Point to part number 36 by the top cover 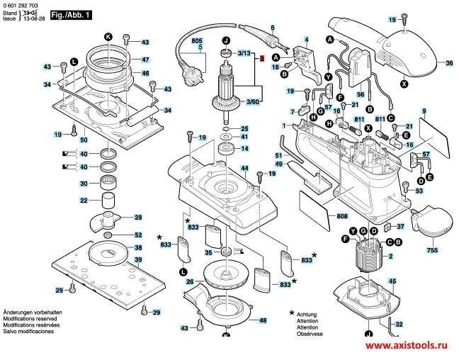(x=448, y=64)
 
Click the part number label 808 (x=342, y=215)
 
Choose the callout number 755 (x=432, y=250)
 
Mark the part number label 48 (x=262, y=321)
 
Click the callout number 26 (x=190, y=282)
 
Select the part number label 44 (x=244, y=168)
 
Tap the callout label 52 (x=138, y=235)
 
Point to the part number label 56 (x=360, y=94)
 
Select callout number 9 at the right (x=424, y=111)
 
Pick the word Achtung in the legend (x=307, y=314)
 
